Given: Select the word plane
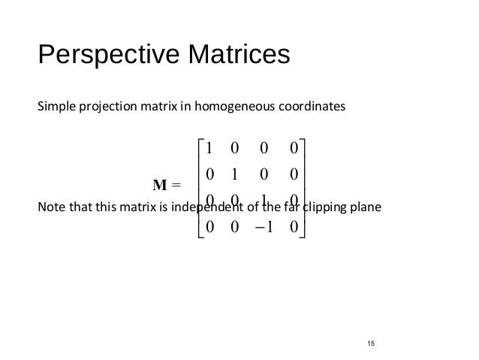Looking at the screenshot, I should (x=366, y=207).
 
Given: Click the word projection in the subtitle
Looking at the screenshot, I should (x=104, y=107).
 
